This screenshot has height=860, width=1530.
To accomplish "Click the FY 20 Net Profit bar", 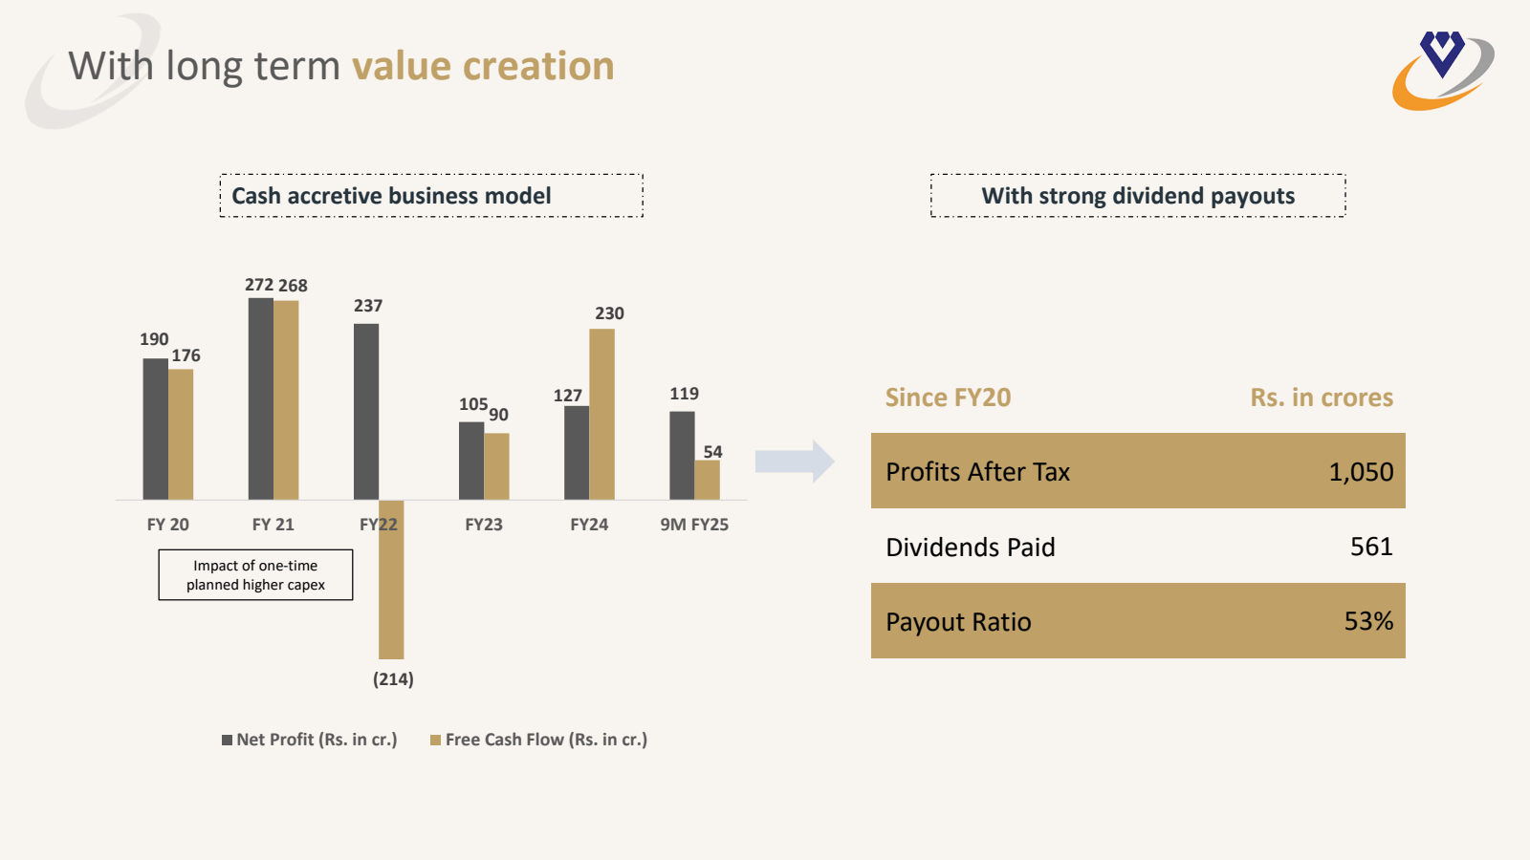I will pyautogui.click(x=155, y=429).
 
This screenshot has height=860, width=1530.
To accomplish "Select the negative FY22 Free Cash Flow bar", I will pyautogui.click(x=391, y=579).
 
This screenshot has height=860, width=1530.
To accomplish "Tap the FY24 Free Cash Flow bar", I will pyautogui.click(x=601, y=414).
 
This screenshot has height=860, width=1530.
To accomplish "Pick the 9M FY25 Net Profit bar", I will pyautogui.click(x=682, y=456).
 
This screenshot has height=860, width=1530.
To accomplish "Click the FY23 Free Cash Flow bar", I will pyautogui.click(x=496, y=466).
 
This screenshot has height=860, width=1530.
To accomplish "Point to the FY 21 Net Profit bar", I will pyautogui.click(x=260, y=398).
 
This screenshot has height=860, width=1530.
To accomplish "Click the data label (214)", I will pyautogui.click(x=393, y=679).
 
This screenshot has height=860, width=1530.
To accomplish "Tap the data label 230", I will pyautogui.click(x=609, y=313).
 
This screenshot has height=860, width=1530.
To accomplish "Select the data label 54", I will pyautogui.click(x=712, y=452).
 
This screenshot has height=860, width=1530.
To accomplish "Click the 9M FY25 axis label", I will pyautogui.click(x=694, y=525).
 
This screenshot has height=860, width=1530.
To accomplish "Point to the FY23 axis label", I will pyautogui.click(x=484, y=525).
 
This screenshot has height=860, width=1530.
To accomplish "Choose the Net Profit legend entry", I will pyautogui.click(x=309, y=740).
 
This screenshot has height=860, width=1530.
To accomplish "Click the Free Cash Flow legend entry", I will pyautogui.click(x=539, y=740).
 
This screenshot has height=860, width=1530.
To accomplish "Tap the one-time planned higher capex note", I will pyautogui.click(x=255, y=575).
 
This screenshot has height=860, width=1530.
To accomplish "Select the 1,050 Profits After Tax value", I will pyautogui.click(x=1361, y=472).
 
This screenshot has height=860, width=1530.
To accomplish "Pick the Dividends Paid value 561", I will pyautogui.click(x=1371, y=547).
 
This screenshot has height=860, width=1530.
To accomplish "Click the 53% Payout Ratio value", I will pyautogui.click(x=1368, y=621).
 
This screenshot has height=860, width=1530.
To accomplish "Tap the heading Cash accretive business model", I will pyautogui.click(x=392, y=196).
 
